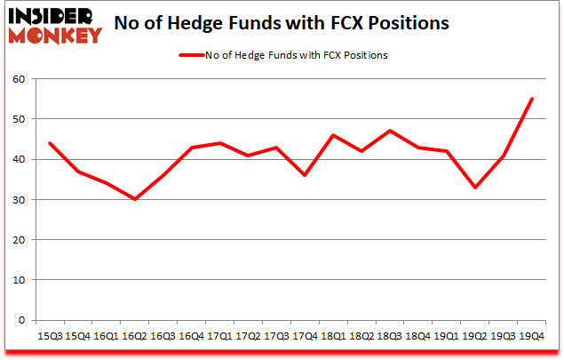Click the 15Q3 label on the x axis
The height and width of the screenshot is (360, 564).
(50, 336)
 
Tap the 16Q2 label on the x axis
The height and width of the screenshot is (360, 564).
(136, 336)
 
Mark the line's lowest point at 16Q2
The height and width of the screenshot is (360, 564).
(136, 199)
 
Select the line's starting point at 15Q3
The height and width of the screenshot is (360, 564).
(50, 143)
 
